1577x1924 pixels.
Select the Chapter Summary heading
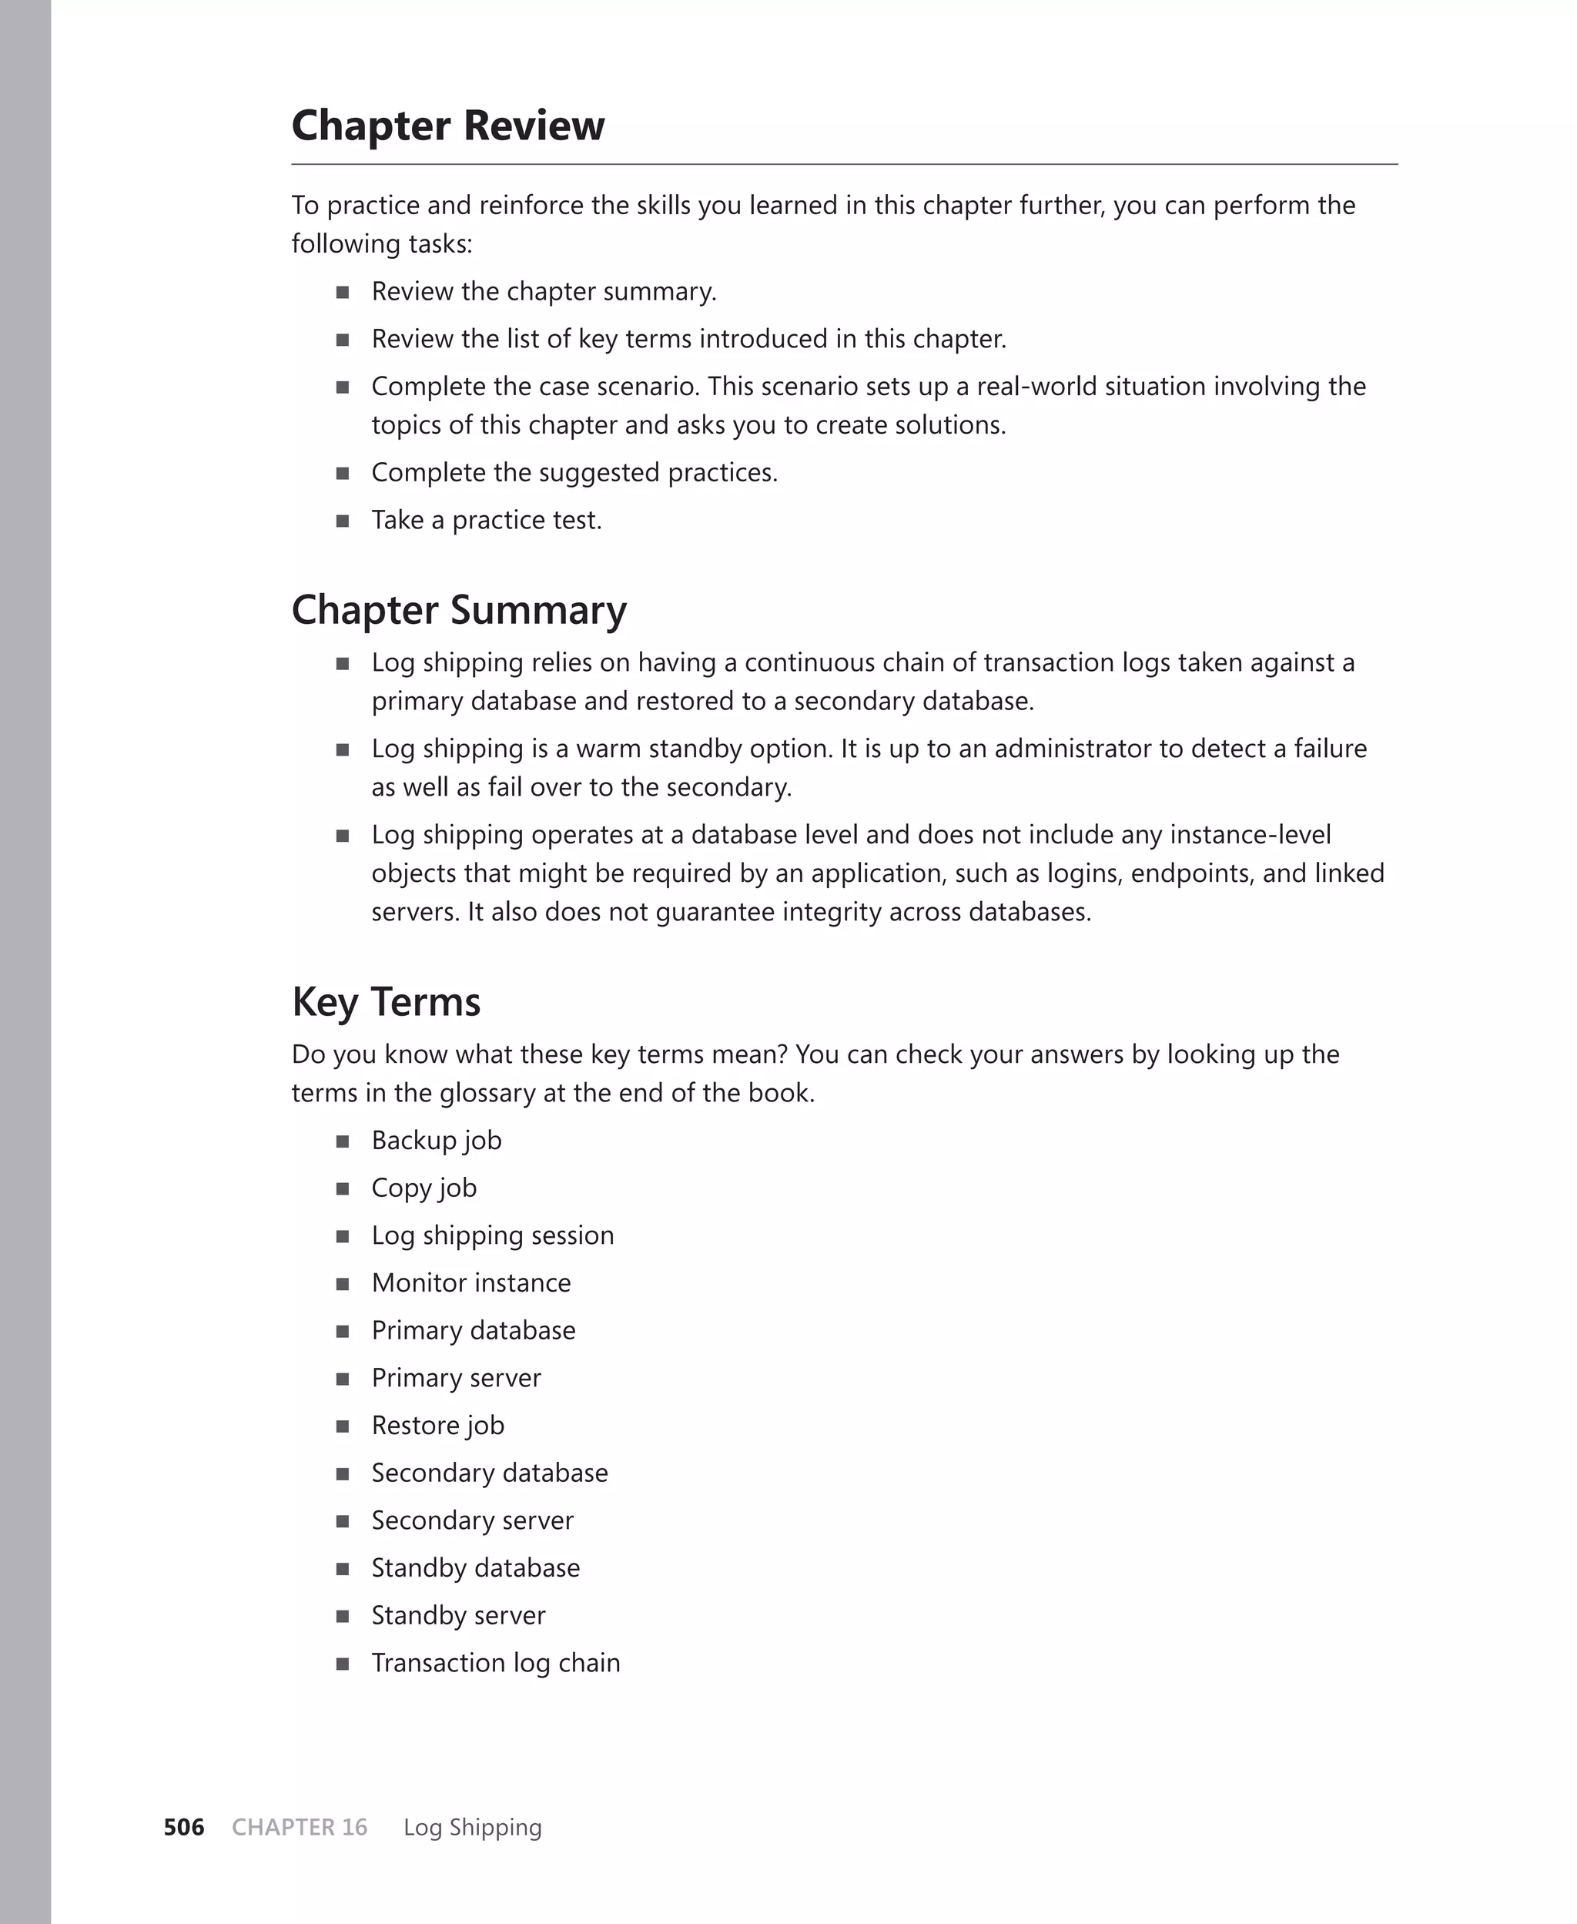coord(459,609)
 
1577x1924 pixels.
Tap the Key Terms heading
coord(386,1002)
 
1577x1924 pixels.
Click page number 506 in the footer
coord(183,1827)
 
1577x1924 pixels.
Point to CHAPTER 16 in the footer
coord(300,1827)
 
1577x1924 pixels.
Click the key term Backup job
coord(436,1140)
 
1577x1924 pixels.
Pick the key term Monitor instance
coord(470,1282)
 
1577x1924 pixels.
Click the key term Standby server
coord(458,1614)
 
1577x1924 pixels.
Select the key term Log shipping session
coord(492,1235)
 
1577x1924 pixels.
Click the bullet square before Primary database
coord(343,1331)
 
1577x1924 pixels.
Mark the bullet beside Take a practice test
coord(343,521)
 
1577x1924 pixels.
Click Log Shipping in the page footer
coord(472,1827)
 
